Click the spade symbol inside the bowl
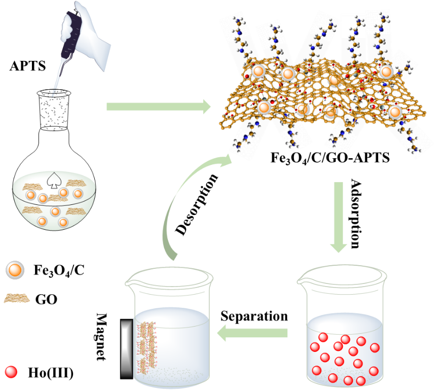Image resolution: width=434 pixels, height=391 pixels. click(53, 180)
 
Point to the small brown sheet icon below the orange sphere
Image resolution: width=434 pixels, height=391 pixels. click(16, 298)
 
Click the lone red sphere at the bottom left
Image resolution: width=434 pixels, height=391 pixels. click(11, 372)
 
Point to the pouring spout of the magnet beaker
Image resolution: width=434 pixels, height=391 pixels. click(133, 278)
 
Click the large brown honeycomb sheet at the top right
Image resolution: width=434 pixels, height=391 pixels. click(319, 96)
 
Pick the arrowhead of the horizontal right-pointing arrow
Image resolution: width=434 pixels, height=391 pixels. click(205, 107)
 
